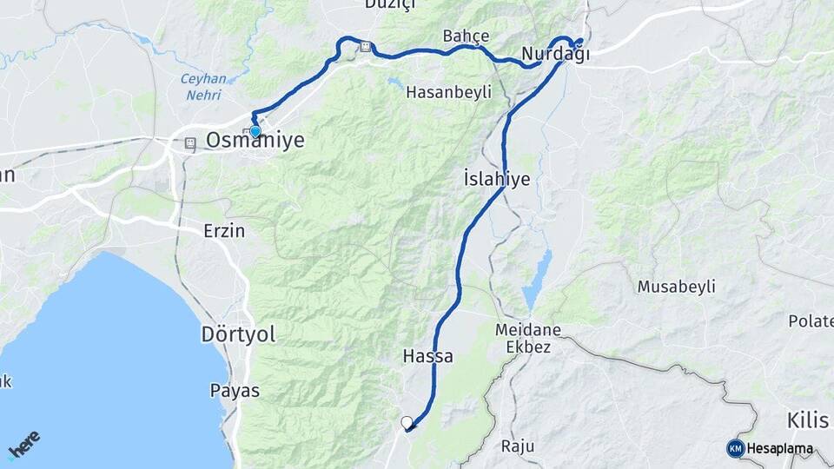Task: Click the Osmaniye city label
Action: (x=255, y=140)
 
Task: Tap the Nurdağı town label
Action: (x=555, y=55)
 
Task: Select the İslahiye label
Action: (x=497, y=179)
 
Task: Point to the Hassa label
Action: (x=427, y=356)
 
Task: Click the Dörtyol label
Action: (x=238, y=334)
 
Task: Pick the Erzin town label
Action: (x=224, y=231)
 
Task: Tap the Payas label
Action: (x=235, y=391)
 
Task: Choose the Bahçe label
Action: (x=466, y=36)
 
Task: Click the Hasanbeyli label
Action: (x=449, y=92)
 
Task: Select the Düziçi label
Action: (x=391, y=4)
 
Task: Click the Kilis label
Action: (x=808, y=421)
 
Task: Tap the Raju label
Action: (x=519, y=446)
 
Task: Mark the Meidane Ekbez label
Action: (x=527, y=338)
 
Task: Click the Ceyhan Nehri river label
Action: (x=203, y=86)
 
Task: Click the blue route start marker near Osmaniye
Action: (x=255, y=131)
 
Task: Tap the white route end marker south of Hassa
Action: (x=407, y=423)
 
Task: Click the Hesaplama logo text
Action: (x=779, y=449)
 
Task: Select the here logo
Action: (x=24, y=445)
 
